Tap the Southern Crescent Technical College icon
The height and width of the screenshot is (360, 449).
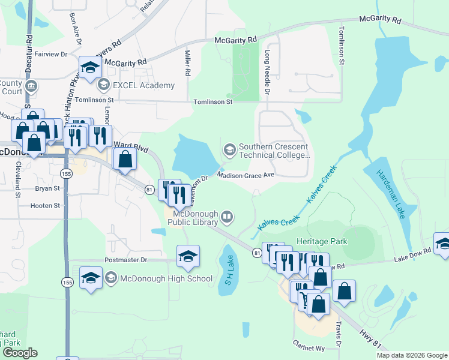pyautogui.click(x=229, y=149)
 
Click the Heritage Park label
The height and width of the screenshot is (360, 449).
pyautogui.click(x=325, y=241)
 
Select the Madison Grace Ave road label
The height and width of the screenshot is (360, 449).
pyautogui.click(x=246, y=175)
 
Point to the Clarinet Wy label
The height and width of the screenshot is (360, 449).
pyautogui.click(x=309, y=347)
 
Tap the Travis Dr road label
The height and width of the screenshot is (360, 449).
pyautogui.click(x=339, y=334)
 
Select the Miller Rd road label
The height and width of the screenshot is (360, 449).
pyautogui.click(x=187, y=63)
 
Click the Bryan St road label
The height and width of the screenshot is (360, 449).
pyautogui.click(x=47, y=188)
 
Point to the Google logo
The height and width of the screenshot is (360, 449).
pyautogui.click(x=20, y=353)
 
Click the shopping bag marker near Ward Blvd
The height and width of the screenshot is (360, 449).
pyautogui.click(x=125, y=160)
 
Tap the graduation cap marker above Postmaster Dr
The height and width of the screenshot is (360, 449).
pyautogui.click(x=188, y=257)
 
